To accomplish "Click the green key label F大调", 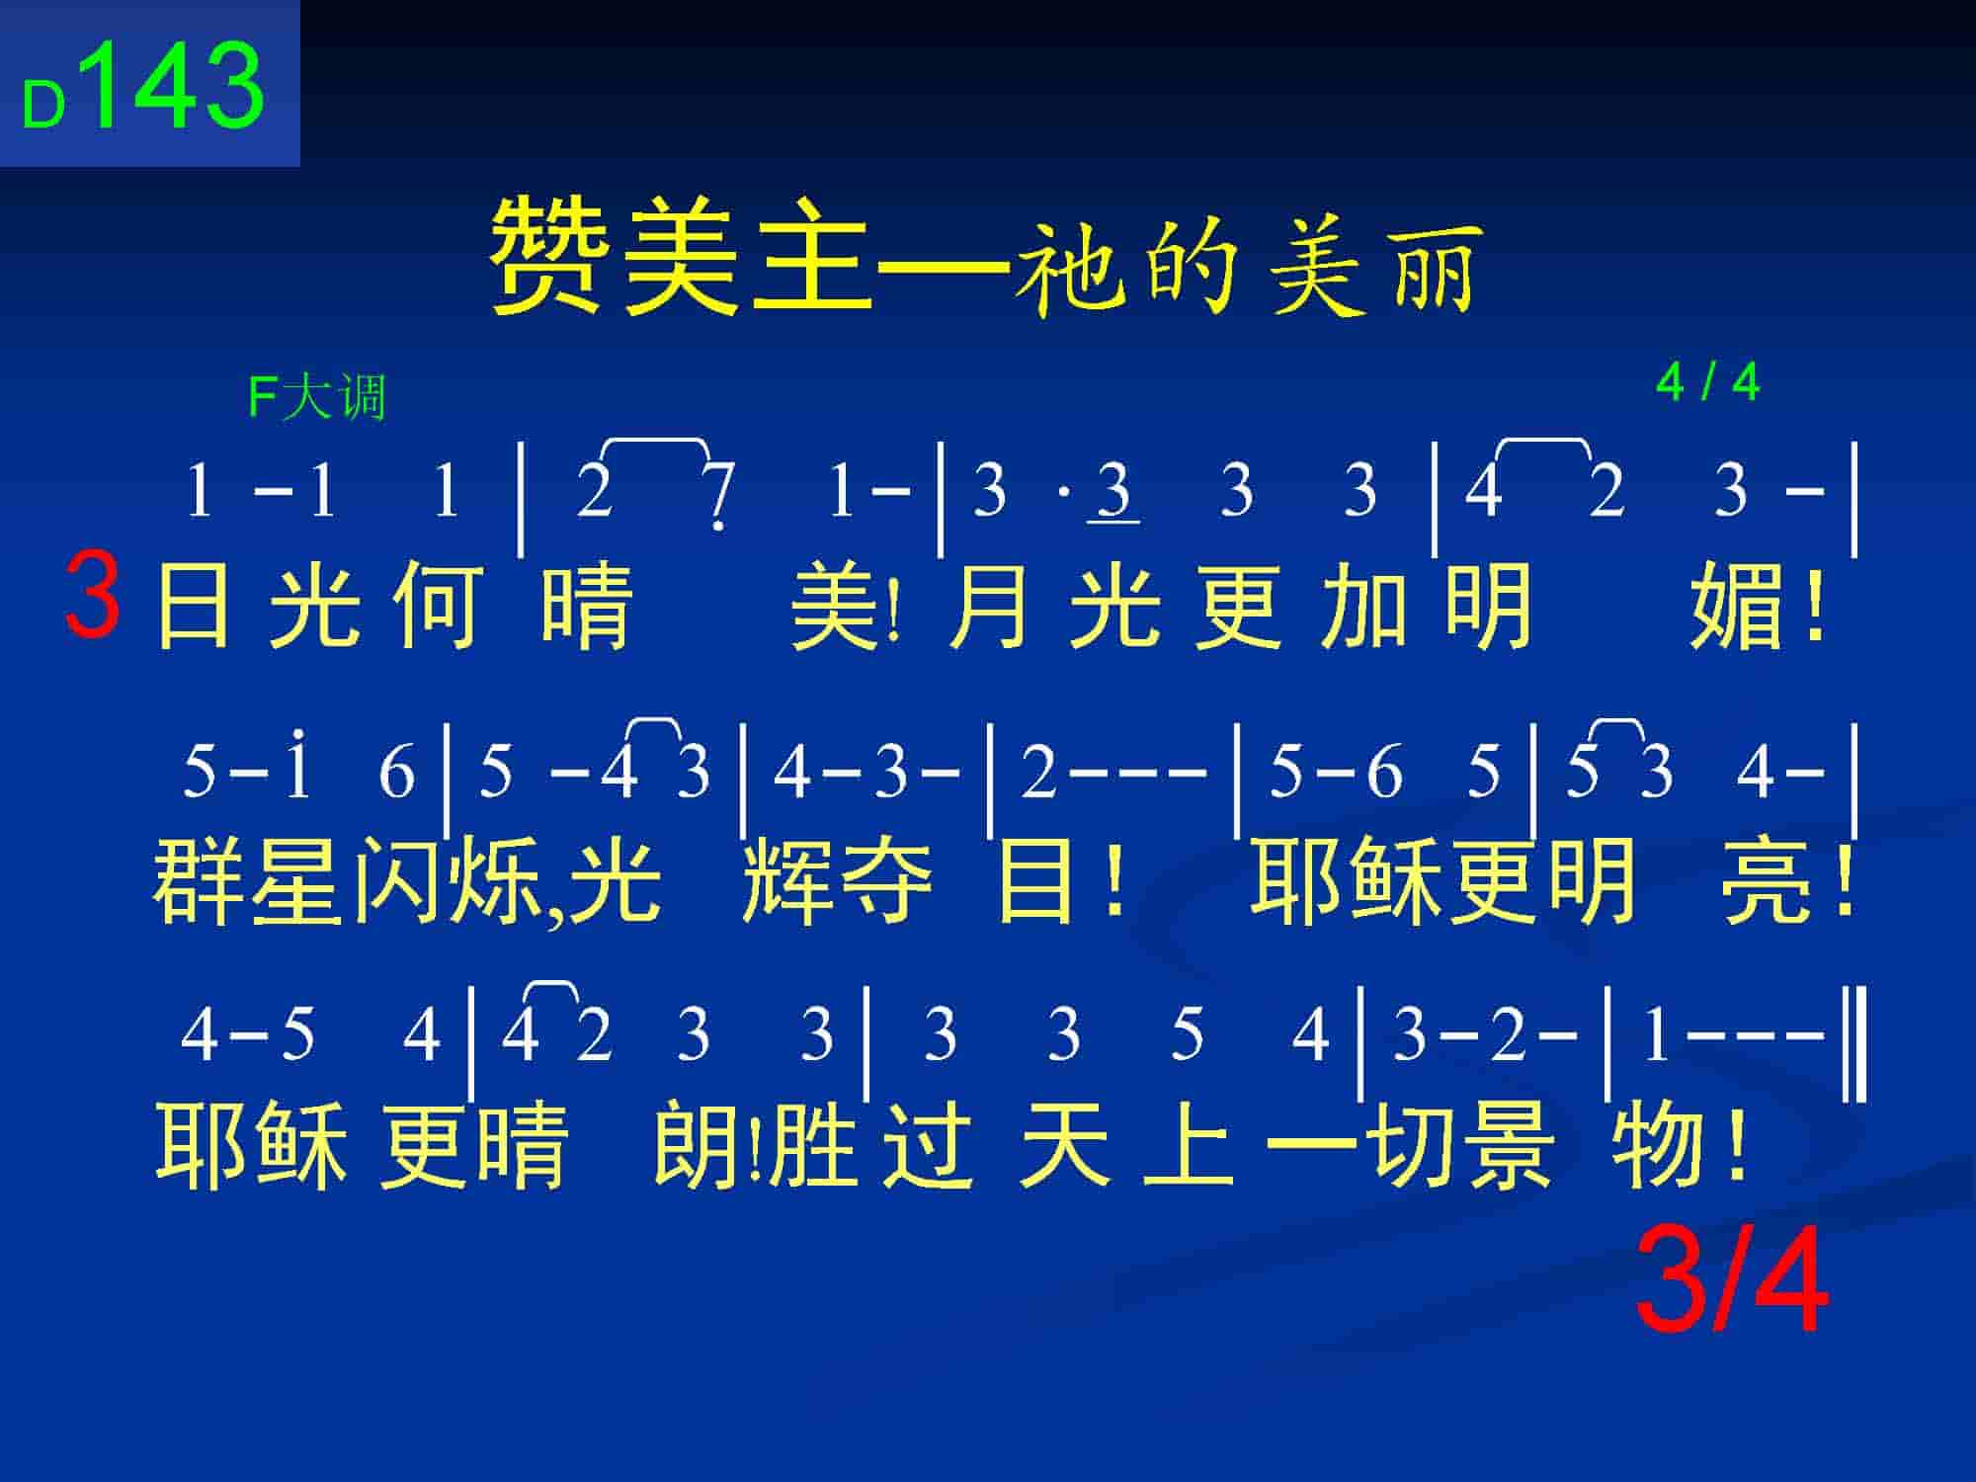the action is click(x=316, y=398).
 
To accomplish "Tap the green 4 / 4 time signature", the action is click(x=1708, y=382).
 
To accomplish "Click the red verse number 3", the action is click(x=93, y=595).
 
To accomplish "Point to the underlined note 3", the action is click(x=1113, y=491).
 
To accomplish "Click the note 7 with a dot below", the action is click(x=720, y=494).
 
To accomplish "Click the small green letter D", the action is click(x=43, y=104).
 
